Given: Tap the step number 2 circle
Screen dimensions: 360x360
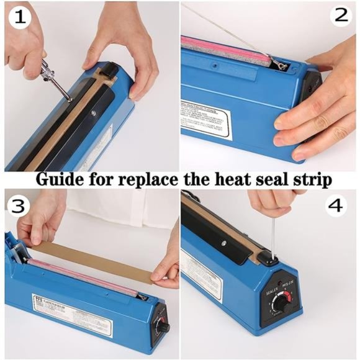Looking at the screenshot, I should [342, 16].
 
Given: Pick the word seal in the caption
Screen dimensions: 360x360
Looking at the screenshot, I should [276, 179].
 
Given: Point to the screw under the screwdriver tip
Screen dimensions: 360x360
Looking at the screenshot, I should [68, 98].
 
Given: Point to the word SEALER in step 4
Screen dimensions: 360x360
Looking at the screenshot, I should [272, 287].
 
